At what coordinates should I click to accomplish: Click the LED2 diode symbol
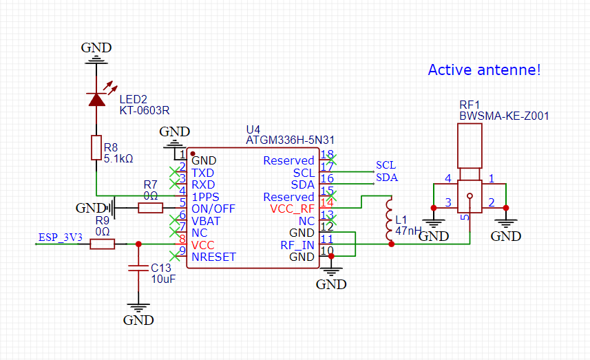[96, 99]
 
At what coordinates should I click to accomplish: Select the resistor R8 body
[96, 147]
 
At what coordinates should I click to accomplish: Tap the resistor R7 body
[150, 208]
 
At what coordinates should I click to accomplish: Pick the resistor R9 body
[102, 243]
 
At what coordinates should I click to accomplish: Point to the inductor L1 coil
[390, 220]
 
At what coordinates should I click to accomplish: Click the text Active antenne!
[484, 70]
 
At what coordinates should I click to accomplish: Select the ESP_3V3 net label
[61, 237]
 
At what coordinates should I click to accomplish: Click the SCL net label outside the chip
[386, 165]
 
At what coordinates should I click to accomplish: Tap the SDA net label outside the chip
[386, 178]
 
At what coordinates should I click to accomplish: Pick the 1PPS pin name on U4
[205, 197]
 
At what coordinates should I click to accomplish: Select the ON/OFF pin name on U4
[213, 209]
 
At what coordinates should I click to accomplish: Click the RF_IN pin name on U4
[297, 244]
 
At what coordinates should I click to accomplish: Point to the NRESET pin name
[213, 257]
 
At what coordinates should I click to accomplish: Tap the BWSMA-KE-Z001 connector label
[504, 116]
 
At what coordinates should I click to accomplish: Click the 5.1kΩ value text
[118, 158]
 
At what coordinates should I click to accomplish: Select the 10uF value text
[164, 279]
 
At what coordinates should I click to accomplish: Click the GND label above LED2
[96, 47]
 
